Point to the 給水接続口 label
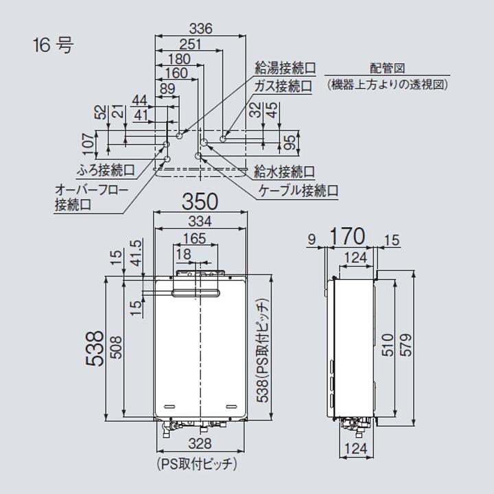pos(284,171)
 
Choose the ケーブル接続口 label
pos(298,191)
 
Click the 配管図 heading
pos(388,69)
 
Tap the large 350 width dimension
pos(200,202)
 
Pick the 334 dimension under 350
pos(200,221)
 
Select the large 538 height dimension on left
pos(96,348)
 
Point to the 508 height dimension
pos(115,348)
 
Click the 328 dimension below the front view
pos(200,444)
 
